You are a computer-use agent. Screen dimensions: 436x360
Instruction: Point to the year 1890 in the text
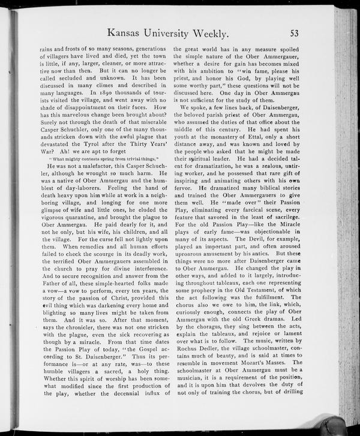(98, 93)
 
